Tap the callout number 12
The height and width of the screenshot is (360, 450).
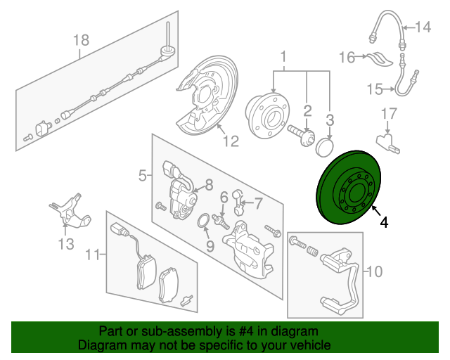pyautogui.click(x=231, y=141)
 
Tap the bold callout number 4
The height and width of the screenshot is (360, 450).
pyautogui.click(x=383, y=223)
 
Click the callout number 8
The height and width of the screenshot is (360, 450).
pyautogui.click(x=208, y=186)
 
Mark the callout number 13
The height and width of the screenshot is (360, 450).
pyautogui.click(x=65, y=244)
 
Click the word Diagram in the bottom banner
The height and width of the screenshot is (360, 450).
pyautogui.click(x=103, y=346)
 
